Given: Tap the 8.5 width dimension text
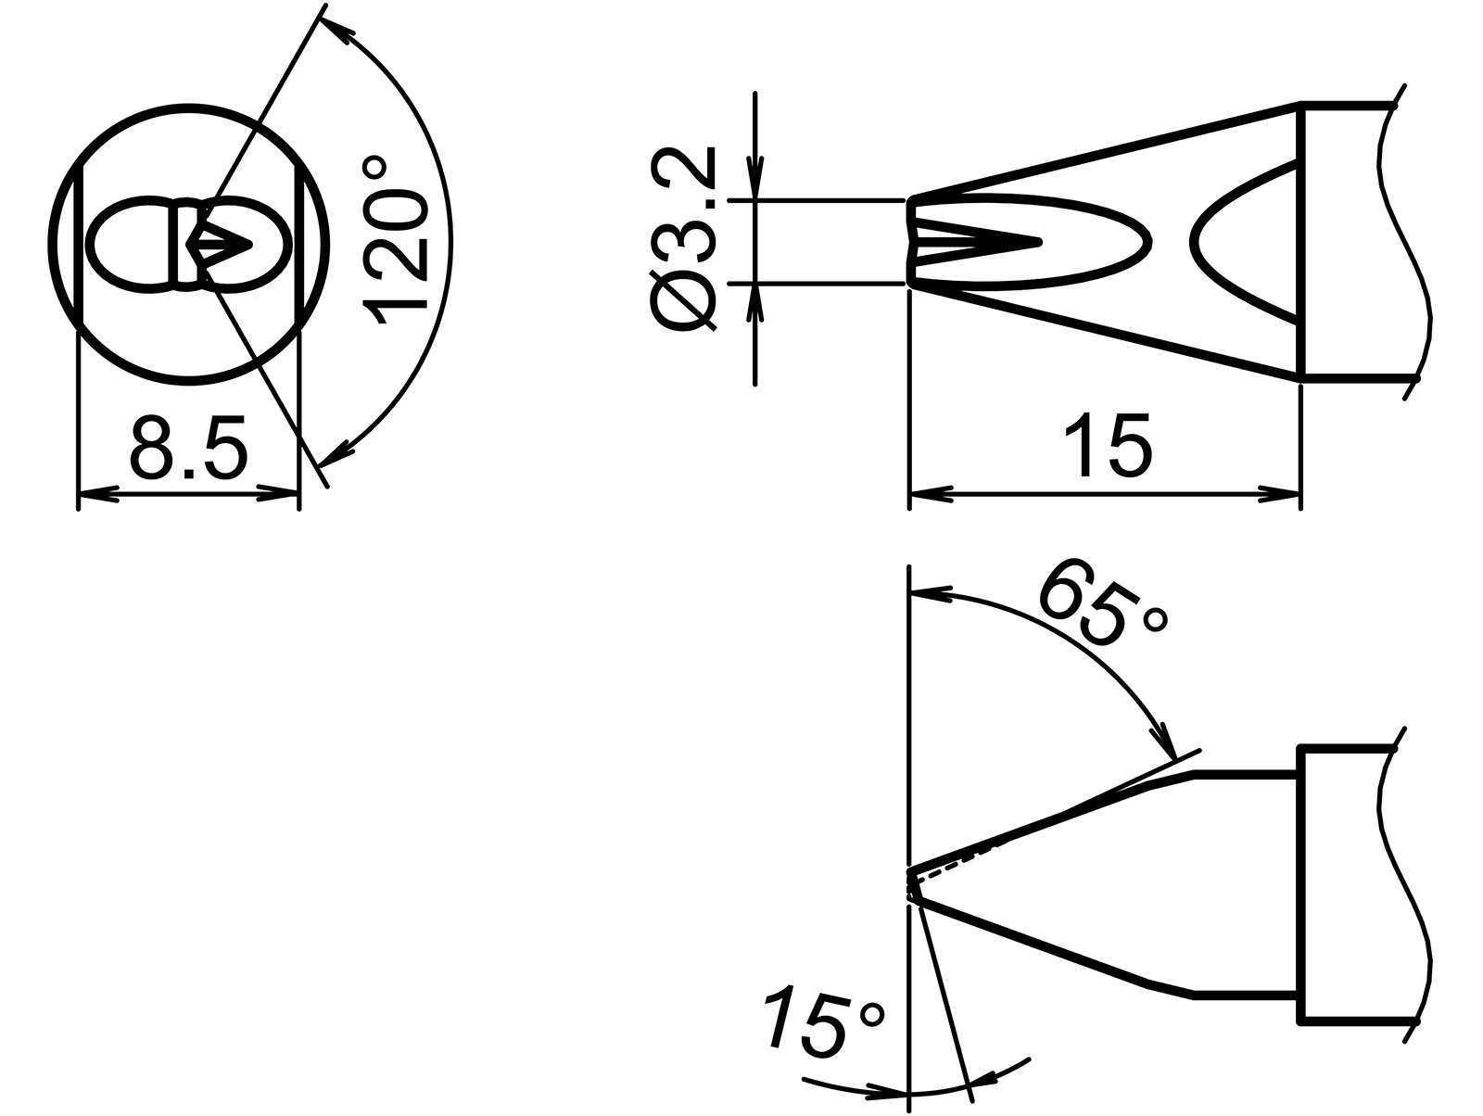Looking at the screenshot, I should [189, 447].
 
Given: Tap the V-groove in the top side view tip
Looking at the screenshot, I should [982, 242].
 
